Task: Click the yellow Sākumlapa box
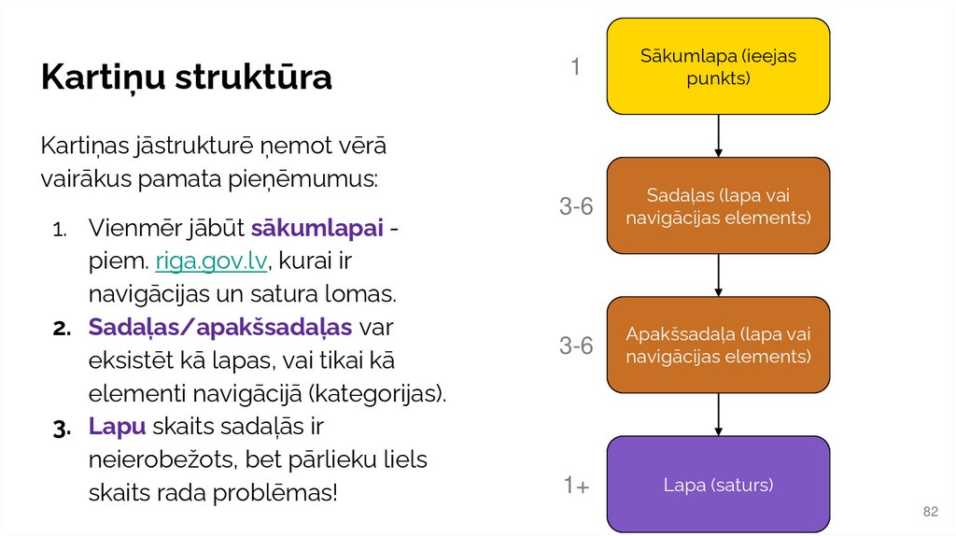718,66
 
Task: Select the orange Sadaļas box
718,205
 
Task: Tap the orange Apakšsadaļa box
718,345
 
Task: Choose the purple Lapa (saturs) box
718,484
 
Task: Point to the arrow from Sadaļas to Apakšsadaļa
718,275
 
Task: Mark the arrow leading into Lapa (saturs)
718,414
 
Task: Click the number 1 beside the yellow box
576,67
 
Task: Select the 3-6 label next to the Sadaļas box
576,207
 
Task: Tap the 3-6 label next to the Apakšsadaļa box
576,346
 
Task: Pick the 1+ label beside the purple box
575,486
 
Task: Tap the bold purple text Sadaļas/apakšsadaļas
220,327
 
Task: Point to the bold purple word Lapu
118,426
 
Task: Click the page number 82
930,512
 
